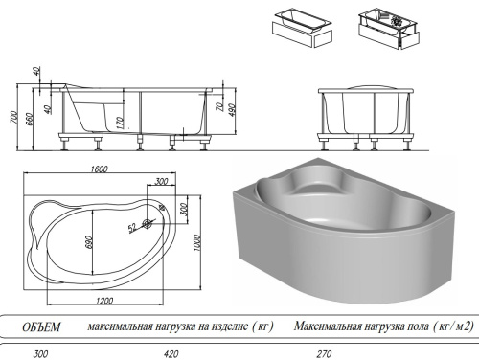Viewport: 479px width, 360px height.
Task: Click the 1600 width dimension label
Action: pyautogui.click(x=100, y=169)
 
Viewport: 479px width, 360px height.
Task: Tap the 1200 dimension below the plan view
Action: pyautogui.click(x=104, y=301)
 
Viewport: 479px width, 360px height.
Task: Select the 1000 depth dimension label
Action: pyautogui.click(x=197, y=242)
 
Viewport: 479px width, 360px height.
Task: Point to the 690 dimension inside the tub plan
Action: pyautogui.click(x=89, y=242)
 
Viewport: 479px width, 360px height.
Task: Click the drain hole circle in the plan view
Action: pyautogui.click(x=148, y=224)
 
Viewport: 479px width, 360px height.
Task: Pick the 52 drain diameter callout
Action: pyautogui.click(x=132, y=227)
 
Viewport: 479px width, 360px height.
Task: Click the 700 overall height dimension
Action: pyautogui.click(x=13, y=117)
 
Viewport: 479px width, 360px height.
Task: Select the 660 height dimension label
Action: pyautogui.click(x=29, y=119)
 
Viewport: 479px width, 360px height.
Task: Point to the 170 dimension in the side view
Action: pyautogui.click(x=120, y=123)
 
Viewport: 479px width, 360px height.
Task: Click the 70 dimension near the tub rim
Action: pyautogui.click(x=220, y=107)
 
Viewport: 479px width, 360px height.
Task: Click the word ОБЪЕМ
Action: pyautogui.click(x=41, y=327)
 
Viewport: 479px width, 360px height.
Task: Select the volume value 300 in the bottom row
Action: pyautogui.click(x=41, y=354)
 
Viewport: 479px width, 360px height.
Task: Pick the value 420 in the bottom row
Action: pyautogui.click(x=171, y=354)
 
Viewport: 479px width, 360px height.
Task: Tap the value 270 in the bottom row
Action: pyautogui.click(x=325, y=354)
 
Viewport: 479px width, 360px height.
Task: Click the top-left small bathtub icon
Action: pyautogui.click(x=303, y=28)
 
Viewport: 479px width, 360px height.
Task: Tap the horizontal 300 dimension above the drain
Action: pyautogui.click(x=161, y=181)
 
